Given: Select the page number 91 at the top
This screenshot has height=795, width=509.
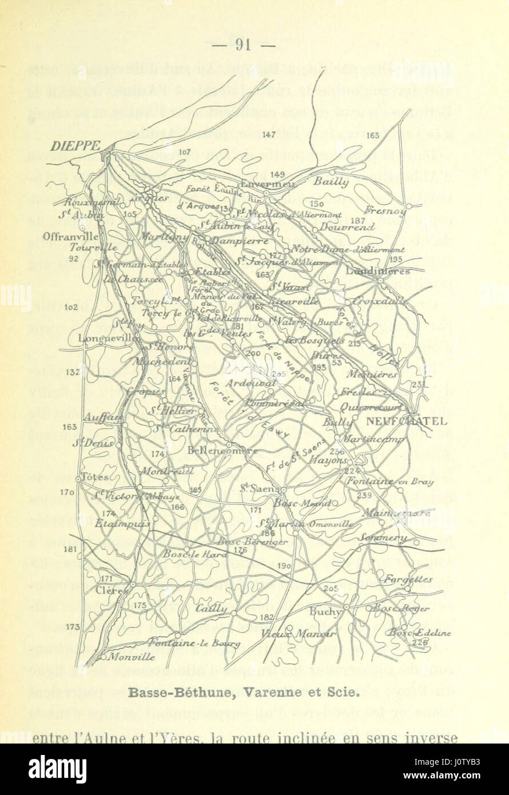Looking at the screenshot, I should point(244,45).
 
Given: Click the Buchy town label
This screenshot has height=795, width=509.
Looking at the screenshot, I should point(325,611).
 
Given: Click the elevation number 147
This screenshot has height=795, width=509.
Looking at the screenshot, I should point(270,135).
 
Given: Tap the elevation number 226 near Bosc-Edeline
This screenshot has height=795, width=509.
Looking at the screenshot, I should point(419,642).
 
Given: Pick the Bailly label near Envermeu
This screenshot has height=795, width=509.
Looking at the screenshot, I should point(331,181).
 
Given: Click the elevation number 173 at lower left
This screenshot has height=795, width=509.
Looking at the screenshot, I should point(73,627).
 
